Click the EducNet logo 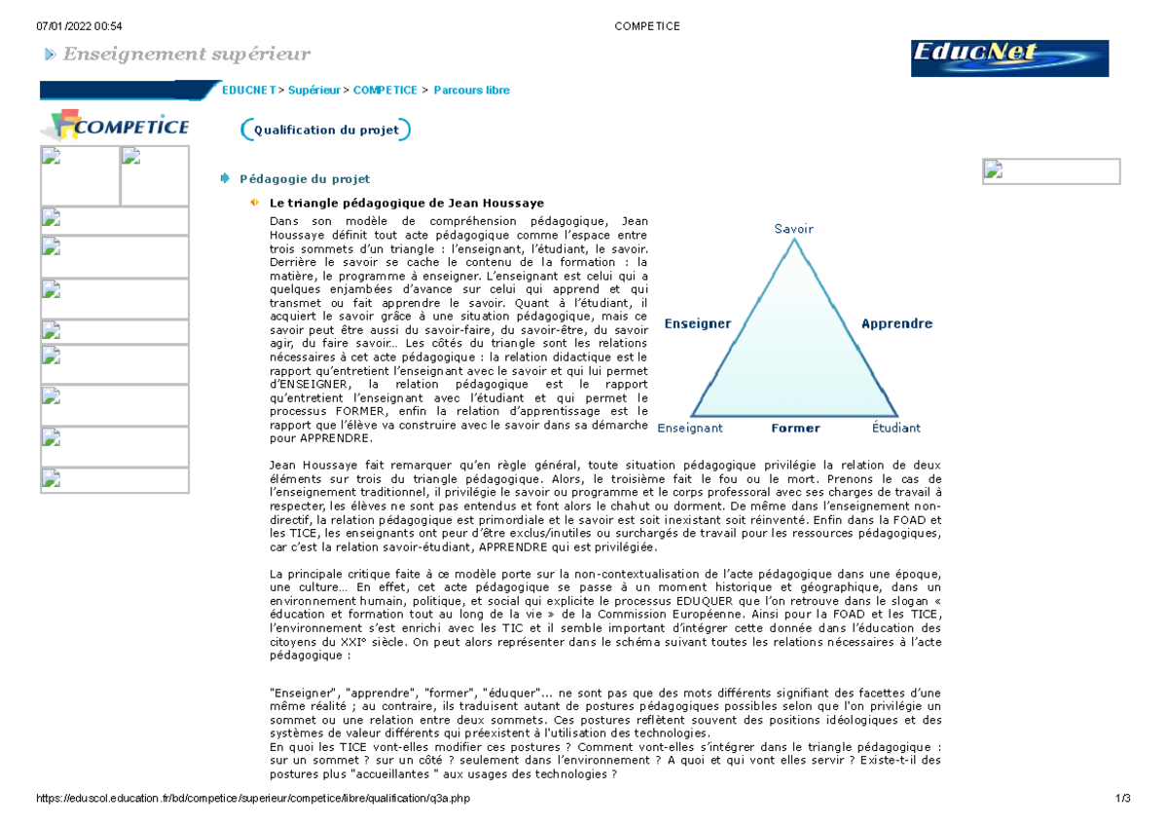1009,58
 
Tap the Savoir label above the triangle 793,229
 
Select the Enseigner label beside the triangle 697,323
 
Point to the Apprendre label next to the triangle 896,323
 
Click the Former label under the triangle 795,428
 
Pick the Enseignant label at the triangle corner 690,428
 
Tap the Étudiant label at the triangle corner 896,428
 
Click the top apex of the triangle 794,240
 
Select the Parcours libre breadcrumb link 471,91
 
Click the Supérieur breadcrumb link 314,91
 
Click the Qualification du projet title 326,130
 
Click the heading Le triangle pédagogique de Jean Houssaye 406,204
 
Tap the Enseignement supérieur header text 186,54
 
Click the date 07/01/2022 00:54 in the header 72,26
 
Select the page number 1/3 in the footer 1123,799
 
